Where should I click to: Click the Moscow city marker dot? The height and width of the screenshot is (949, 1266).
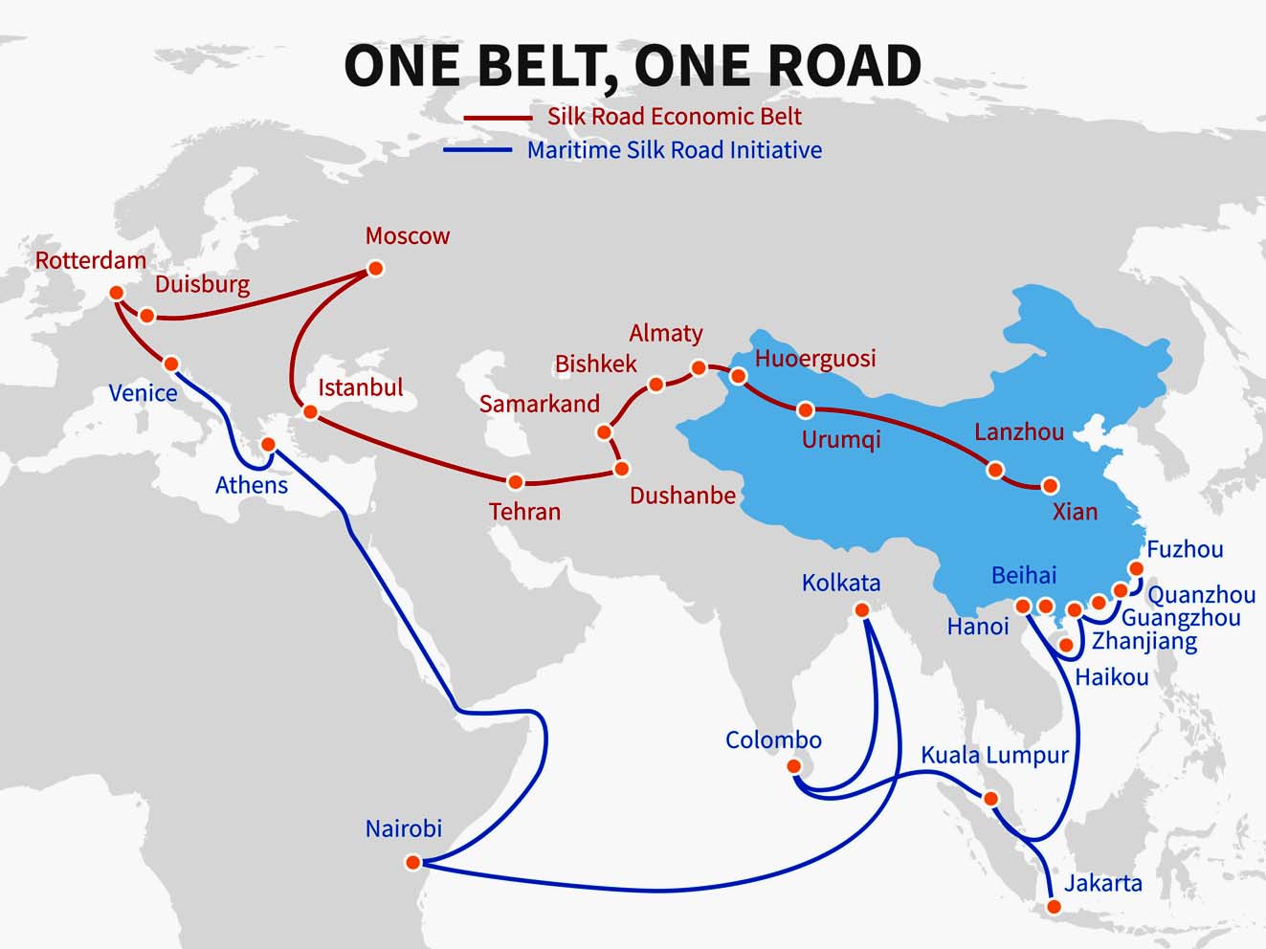pos(375,269)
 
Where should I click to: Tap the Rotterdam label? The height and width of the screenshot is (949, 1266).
pos(91,260)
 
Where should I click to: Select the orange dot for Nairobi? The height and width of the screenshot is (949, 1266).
pos(412,863)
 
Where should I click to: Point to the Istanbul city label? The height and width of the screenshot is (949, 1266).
pos(360,387)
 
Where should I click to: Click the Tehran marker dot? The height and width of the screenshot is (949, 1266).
pos(516,482)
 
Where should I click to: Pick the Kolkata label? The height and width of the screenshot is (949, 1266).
pos(840,583)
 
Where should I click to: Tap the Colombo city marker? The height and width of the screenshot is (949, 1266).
pos(793,766)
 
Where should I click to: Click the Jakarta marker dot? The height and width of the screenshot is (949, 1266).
pos(1054,906)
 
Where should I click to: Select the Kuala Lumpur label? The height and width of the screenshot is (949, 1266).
pos(994,755)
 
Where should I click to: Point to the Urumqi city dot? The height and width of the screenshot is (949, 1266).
pos(806,410)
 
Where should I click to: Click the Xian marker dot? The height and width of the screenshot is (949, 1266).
pos(1051,486)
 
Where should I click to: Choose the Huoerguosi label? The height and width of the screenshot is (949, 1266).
pos(815,359)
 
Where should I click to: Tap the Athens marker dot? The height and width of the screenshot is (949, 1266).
pos(269,445)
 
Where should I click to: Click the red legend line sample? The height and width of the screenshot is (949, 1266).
pos(497,118)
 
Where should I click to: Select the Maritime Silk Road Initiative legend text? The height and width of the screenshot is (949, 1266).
pos(674,150)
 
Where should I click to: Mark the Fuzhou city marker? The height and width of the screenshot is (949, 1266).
pos(1136,568)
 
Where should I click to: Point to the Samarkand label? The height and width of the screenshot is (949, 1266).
pos(539,404)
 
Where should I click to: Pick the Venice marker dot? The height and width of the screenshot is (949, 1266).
pos(171,364)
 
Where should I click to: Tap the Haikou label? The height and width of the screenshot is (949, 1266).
pos(1111,677)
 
